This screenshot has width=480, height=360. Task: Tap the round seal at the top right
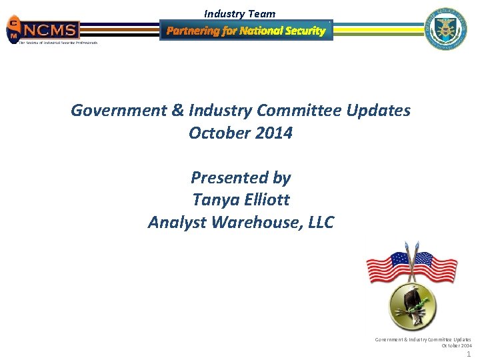click(447, 29)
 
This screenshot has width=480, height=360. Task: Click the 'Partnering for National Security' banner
click(246, 31)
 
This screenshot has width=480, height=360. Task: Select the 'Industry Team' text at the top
click(239, 13)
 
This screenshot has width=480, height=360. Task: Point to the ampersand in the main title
click(177, 111)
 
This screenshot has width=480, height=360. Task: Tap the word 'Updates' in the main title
click(381, 111)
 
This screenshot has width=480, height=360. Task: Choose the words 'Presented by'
click(241, 178)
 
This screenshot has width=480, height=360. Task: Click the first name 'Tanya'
click(213, 200)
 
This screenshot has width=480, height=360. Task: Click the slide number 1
click(468, 355)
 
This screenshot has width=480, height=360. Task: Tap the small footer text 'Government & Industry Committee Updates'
click(423, 339)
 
